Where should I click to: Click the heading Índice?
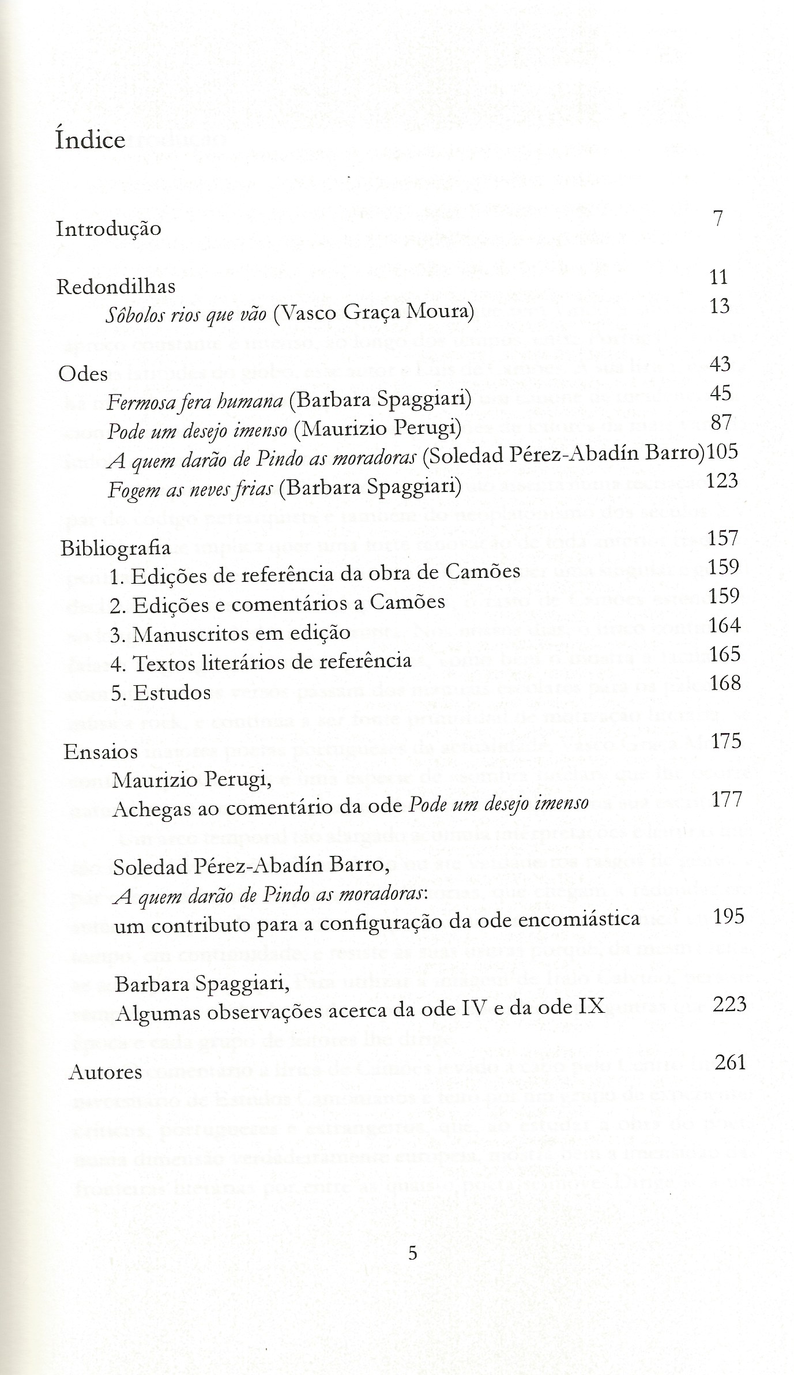click(90, 141)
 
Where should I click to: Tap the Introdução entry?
click(108, 229)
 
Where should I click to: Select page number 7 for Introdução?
click(717, 219)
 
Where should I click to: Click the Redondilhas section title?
click(116, 287)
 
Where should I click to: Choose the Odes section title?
click(83, 374)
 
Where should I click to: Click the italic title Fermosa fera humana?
click(194, 401)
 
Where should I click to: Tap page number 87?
click(721, 422)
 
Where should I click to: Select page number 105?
click(722, 452)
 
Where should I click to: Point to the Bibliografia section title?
click(116, 548)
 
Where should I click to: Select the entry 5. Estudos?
click(161, 693)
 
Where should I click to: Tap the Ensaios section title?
click(100, 752)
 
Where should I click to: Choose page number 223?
click(729, 1004)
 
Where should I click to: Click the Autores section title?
click(105, 1072)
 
